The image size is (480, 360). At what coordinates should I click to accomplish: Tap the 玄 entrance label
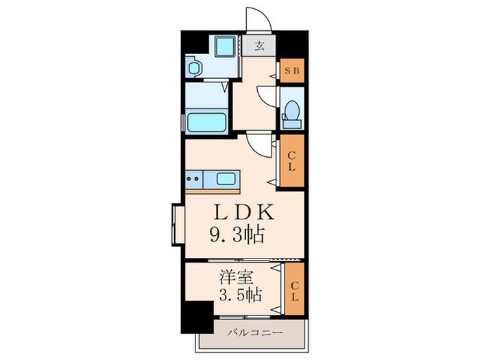[x=260, y=47]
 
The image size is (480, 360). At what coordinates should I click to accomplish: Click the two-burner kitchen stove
[x=194, y=180]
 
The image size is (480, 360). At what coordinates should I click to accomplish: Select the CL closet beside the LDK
[x=291, y=162]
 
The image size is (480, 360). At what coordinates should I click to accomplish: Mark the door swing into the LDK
[x=260, y=143]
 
